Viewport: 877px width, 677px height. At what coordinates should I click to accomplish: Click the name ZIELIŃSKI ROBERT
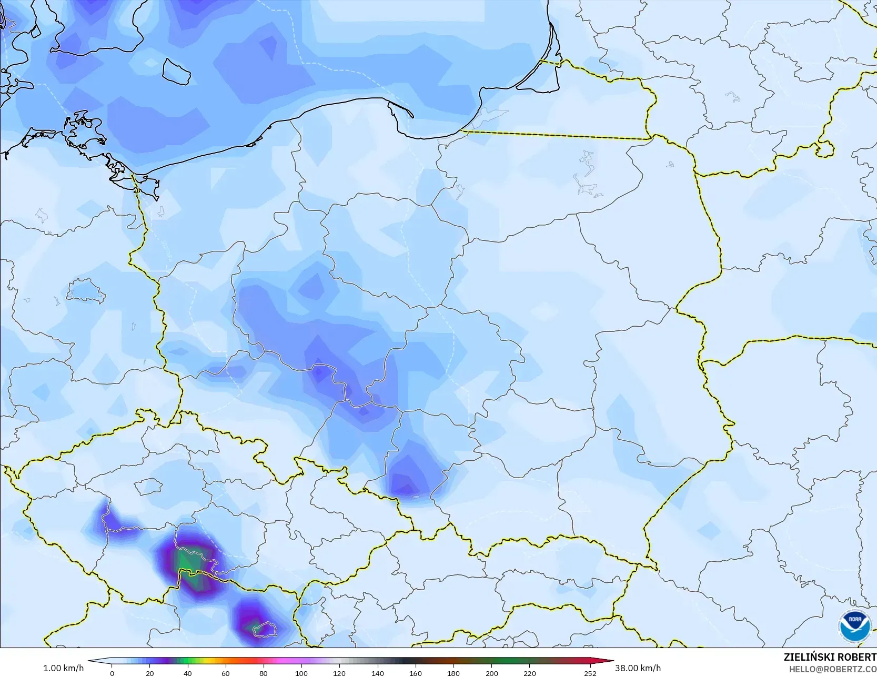pyautogui.click(x=830, y=657)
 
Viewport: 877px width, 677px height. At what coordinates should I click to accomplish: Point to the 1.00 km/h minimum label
pyautogui.click(x=63, y=668)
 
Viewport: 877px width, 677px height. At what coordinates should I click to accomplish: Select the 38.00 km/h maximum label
pyautogui.click(x=638, y=668)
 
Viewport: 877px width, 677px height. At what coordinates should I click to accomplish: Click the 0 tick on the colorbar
pyautogui.click(x=112, y=673)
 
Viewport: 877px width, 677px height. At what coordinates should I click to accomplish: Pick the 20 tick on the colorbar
pyautogui.click(x=150, y=673)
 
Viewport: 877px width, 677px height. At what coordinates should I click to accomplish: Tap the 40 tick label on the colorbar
pyautogui.click(x=188, y=673)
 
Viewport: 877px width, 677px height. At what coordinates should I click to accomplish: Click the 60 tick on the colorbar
pyautogui.click(x=226, y=673)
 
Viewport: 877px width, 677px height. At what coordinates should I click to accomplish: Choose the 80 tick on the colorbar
pyautogui.click(x=264, y=673)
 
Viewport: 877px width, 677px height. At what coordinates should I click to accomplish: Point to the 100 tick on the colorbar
pyautogui.click(x=301, y=673)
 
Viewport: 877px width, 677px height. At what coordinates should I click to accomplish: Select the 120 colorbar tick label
pyautogui.click(x=339, y=673)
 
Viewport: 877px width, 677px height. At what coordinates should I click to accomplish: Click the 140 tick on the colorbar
pyautogui.click(x=378, y=673)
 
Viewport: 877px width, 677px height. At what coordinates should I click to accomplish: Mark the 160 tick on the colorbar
pyautogui.click(x=416, y=673)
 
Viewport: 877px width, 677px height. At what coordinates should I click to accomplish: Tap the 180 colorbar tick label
pyautogui.click(x=453, y=673)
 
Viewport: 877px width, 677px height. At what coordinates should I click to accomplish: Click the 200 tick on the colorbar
pyautogui.click(x=491, y=673)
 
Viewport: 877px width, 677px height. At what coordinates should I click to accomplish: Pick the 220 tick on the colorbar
pyautogui.click(x=529, y=673)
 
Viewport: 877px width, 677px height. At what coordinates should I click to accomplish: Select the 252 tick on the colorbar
pyautogui.click(x=590, y=673)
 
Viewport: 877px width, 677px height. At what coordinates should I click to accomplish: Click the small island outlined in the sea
pyautogui.click(x=176, y=71)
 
